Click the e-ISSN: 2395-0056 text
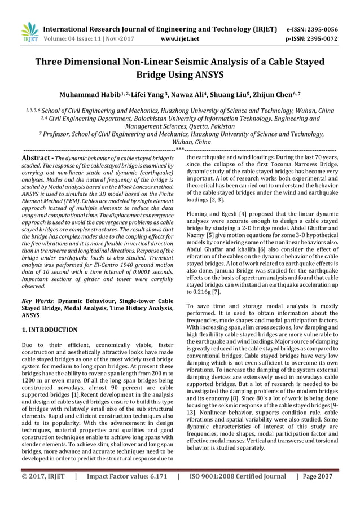(320, 29)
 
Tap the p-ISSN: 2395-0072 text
(320, 39)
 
